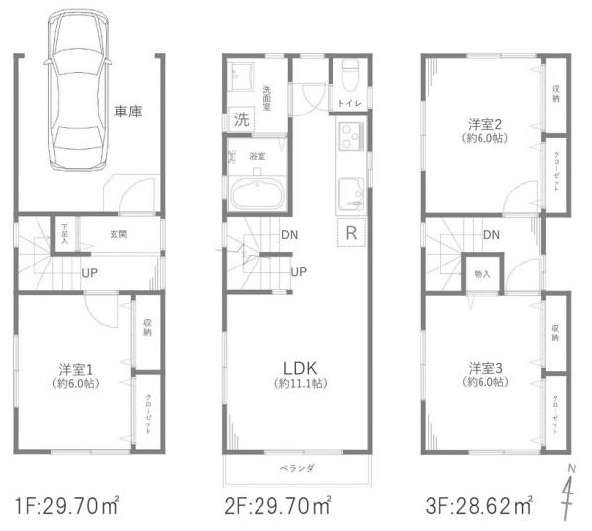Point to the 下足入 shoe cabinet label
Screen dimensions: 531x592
64,233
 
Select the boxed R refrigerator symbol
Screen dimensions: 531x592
351,233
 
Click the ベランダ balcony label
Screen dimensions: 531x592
297,468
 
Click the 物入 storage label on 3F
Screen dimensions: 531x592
482,272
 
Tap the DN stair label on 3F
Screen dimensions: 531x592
490,234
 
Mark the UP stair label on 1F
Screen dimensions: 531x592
89,273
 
